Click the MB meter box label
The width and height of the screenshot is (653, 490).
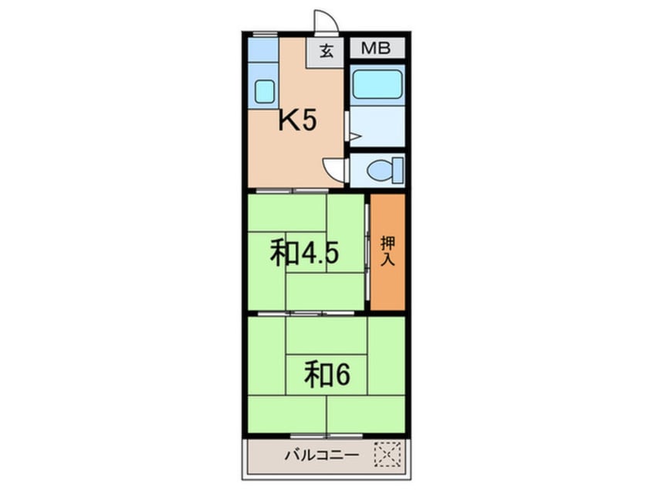pyautogui.click(x=377, y=49)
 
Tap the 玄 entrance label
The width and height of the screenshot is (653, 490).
pyautogui.click(x=326, y=52)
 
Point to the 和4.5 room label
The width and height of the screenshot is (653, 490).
pyautogui.click(x=306, y=254)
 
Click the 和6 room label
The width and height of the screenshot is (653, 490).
pyautogui.click(x=326, y=376)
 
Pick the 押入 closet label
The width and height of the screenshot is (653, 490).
pyautogui.click(x=387, y=252)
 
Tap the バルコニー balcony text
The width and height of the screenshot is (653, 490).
pyautogui.click(x=323, y=454)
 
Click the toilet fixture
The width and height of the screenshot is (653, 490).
pyautogui.click(x=382, y=168)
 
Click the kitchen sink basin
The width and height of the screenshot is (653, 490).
pyautogui.click(x=265, y=91)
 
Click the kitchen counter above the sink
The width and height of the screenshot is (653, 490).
pyautogui.click(x=263, y=55)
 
